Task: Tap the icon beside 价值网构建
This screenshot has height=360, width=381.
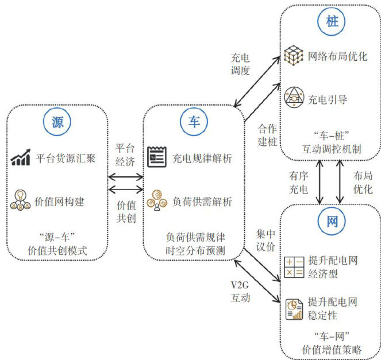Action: click(21, 202)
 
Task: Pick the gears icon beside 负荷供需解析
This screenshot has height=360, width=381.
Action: click(156, 202)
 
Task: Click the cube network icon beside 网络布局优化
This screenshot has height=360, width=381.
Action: click(293, 56)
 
